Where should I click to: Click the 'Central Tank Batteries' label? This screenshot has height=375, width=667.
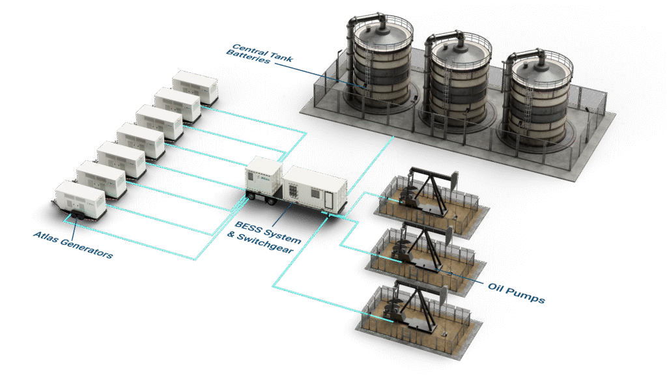(x=259, y=54)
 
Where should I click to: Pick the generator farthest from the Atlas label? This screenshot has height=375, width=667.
(x=195, y=87)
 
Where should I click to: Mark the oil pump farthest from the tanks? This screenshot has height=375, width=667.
(x=410, y=307)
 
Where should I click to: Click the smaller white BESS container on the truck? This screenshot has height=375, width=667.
(x=263, y=176)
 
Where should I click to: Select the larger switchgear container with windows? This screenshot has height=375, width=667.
(x=314, y=187)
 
